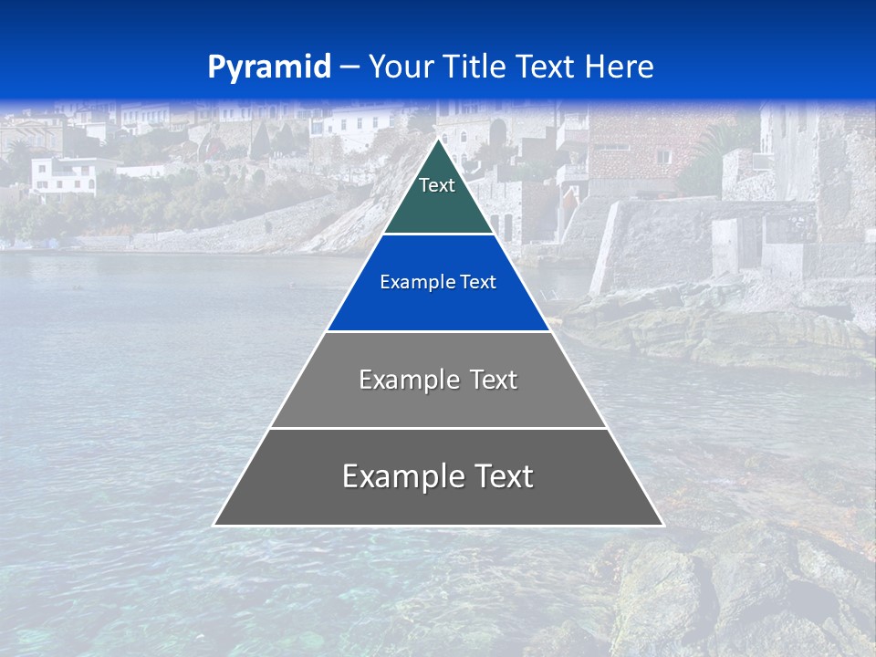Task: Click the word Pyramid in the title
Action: [268, 68]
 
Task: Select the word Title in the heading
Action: [474, 68]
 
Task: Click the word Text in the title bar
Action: [546, 68]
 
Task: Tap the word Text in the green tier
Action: [437, 185]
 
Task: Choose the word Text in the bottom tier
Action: [504, 476]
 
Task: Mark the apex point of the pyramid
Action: [438, 140]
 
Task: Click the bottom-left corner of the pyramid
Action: [214, 525]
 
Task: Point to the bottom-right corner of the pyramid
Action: [662, 525]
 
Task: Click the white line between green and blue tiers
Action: [438, 235]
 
